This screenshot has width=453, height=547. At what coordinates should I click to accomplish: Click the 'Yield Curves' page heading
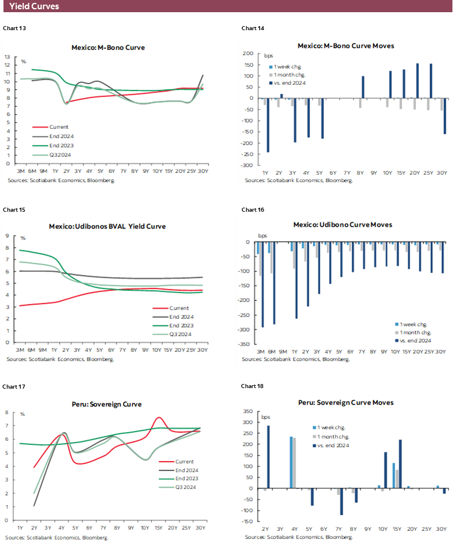click(34, 7)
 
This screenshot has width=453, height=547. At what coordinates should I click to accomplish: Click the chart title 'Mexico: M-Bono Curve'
click(108, 48)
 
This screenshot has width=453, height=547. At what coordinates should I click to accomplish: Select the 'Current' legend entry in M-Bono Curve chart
click(59, 126)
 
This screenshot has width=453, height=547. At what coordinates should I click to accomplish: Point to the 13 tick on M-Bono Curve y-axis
click(8, 57)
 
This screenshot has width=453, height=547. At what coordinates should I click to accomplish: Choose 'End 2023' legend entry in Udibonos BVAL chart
click(181, 325)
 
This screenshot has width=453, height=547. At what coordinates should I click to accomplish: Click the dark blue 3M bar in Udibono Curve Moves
click(262, 284)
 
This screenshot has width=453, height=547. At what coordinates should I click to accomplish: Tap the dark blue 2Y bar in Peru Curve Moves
click(268, 457)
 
